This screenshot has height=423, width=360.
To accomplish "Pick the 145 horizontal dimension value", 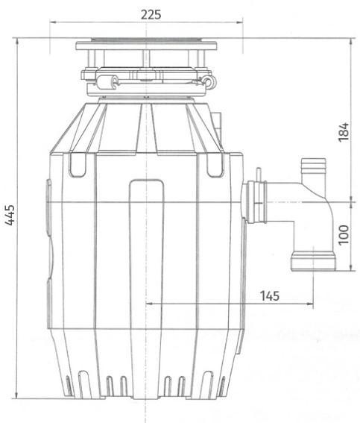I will click(x=270, y=295).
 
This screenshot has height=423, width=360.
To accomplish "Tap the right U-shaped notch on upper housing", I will click(x=213, y=165).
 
